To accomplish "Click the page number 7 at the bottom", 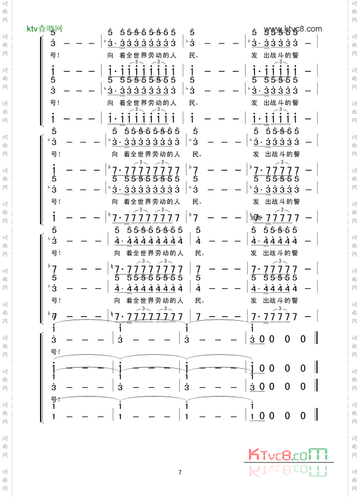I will (x=180, y=472).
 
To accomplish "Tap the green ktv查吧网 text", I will (x=45, y=28).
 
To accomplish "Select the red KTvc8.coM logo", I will (x=287, y=455).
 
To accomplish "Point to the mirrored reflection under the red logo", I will (x=287, y=469).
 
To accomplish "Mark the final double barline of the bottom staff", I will (x=317, y=416).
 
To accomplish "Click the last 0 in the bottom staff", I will (x=303, y=416).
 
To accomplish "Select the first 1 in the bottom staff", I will (x=53, y=416).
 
